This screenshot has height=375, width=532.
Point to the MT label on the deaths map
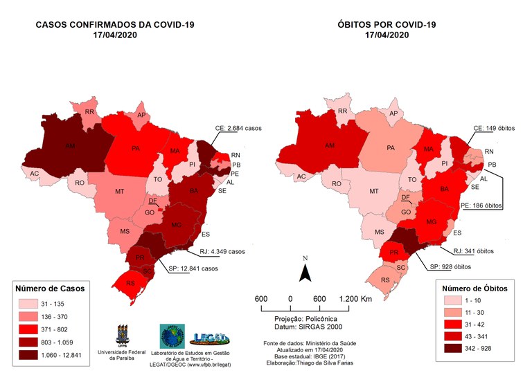[x=374, y=191]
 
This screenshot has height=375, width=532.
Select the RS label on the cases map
[x=130, y=283]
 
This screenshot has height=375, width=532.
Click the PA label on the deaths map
[x=391, y=147]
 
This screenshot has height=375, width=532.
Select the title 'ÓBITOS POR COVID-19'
[x=391, y=25]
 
